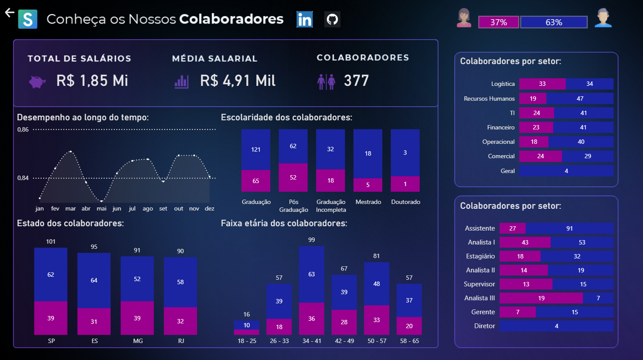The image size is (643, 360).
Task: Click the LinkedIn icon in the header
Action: coord(304,20)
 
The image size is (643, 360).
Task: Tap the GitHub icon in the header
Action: coord(332,20)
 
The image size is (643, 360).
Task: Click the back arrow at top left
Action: coord(10,13)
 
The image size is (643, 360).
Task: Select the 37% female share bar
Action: coord(498,22)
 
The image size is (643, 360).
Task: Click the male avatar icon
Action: coord(603,18)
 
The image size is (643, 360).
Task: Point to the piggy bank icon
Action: coord(37,82)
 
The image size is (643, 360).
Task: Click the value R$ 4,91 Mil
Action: coord(238,81)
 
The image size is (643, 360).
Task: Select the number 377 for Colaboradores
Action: coord(356,81)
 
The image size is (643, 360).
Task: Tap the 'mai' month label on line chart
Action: coord(102,209)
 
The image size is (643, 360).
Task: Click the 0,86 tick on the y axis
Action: coord(23,129)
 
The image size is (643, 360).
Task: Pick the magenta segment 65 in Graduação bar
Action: coord(256,181)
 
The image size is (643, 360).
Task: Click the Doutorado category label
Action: coord(405,202)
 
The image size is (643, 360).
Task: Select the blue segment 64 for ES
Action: coord(94,280)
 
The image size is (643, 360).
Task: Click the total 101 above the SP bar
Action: coord(51,241)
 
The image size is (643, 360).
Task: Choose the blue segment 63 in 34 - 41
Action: coord(311,274)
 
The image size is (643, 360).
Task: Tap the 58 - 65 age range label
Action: coord(409,341)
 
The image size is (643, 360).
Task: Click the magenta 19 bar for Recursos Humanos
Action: coord(533,98)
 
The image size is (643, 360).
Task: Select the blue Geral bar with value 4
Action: coord(566,171)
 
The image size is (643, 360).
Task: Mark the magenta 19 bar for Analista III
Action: coord(541,298)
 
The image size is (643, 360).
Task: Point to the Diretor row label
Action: coord(484,326)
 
